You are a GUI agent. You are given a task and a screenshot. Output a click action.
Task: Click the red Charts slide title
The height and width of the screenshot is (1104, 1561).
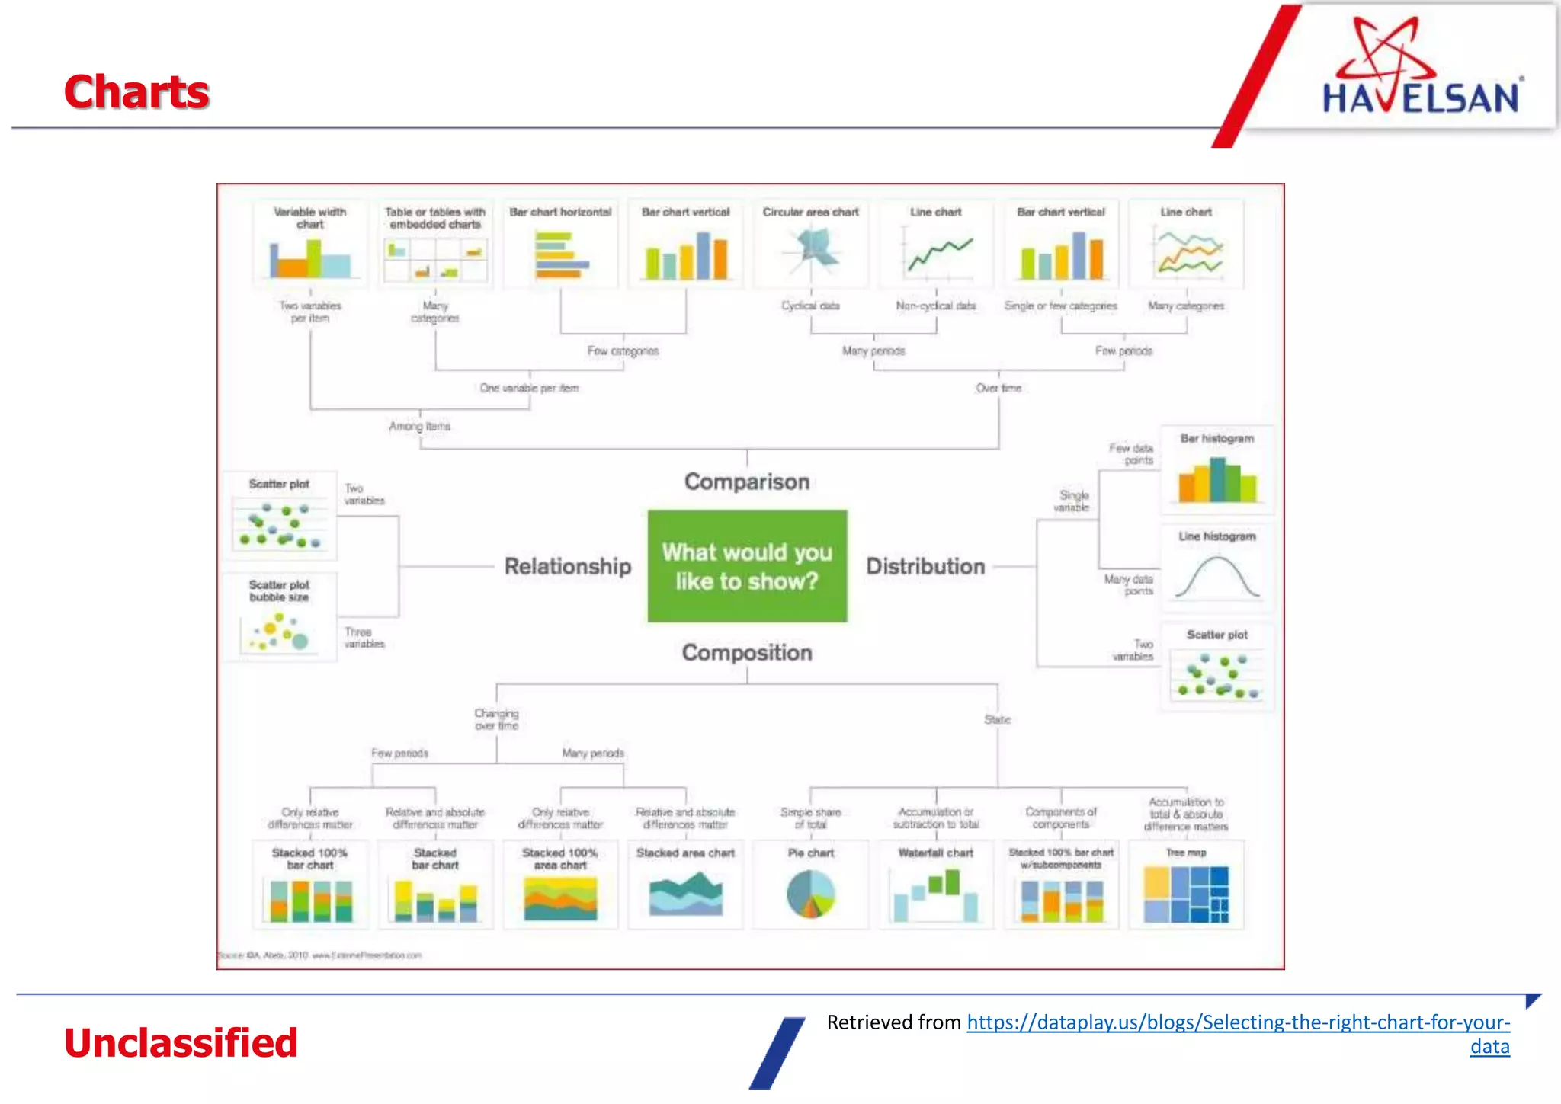[x=136, y=92]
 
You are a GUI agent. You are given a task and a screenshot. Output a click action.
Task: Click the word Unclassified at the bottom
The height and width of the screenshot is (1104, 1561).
[x=181, y=1042]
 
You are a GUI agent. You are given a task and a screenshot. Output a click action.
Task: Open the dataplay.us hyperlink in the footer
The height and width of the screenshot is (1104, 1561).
[x=1237, y=1022]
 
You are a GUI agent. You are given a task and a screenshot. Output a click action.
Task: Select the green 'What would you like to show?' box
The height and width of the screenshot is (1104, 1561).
[x=747, y=566]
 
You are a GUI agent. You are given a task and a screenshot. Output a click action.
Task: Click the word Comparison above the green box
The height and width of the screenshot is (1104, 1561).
[x=747, y=482]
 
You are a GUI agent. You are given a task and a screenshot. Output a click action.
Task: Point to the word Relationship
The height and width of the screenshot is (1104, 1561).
[x=568, y=566]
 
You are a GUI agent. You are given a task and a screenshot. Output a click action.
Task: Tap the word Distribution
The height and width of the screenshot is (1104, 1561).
[x=925, y=566]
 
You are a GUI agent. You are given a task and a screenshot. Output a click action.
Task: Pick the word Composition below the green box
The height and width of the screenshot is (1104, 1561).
[x=747, y=652]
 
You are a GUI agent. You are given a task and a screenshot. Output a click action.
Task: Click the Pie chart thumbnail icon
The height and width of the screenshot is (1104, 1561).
[x=811, y=894]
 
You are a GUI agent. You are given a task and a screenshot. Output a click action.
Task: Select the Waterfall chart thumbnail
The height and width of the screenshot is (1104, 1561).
[x=936, y=895]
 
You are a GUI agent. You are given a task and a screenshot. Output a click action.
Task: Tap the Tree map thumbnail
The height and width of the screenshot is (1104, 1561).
[x=1186, y=894]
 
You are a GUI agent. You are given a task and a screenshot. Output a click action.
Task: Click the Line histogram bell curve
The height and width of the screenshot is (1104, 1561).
[x=1217, y=577]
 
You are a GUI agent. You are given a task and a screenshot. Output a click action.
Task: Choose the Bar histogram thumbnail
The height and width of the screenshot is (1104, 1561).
[x=1217, y=478]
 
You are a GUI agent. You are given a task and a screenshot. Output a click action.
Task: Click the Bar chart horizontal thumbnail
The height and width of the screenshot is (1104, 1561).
[x=561, y=255]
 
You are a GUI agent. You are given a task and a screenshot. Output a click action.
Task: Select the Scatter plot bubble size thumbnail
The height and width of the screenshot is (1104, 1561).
[x=280, y=631]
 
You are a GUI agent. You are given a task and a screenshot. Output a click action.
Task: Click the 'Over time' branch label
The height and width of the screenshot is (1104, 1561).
[x=998, y=388]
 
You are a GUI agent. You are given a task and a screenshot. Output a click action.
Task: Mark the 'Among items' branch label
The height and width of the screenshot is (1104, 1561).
[x=420, y=427]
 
